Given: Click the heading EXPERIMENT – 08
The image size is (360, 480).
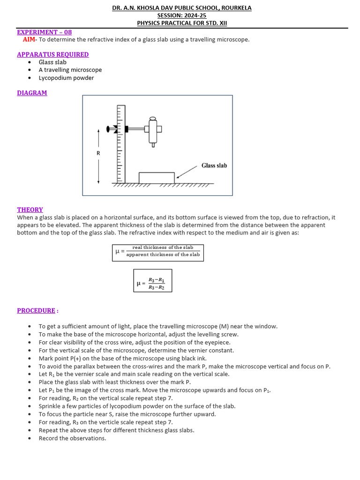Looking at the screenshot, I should pyautogui.click(x=45, y=32).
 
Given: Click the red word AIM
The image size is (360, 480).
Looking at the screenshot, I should pyautogui.click(x=29, y=40).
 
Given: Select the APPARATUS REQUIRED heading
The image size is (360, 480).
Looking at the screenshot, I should pyautogui.click(x=52, y=54).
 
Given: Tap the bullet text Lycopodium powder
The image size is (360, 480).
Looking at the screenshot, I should pyautogui.click(x=66, y=78).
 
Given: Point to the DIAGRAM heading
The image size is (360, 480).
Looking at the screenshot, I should pyautogui.click(x=32, y=93).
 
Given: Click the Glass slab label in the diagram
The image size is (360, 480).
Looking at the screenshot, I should pyautogui.click(x=214, y=165).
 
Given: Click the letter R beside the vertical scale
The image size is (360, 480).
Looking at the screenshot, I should pyautogui.click(x=98, y=153).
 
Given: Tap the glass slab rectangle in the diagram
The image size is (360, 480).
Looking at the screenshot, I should pyautogui.click(x=157, y=178).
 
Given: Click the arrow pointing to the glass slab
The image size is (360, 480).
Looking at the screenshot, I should pyautogui.click(x=187, y=172).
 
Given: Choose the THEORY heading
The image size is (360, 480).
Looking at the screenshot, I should pyautogui.click(x=30, y=210).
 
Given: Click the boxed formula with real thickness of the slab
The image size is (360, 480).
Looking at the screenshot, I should pyautogui.click(x=158, y=252).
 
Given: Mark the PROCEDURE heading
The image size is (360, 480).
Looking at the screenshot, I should pyautogui.click(x=37, y=310).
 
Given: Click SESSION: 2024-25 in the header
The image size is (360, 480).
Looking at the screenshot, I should pyautogui.click(x=182, y=15).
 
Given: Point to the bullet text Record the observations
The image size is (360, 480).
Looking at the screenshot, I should pyautogui.click(x=72, y=438).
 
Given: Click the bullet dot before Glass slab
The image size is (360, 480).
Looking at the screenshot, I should pyautogui.click(x=30, y=62).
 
